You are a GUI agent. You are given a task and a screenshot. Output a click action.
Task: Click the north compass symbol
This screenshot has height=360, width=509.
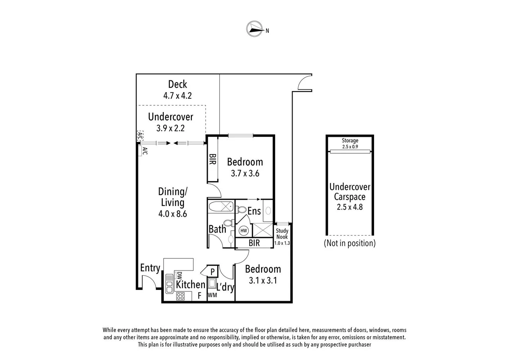[x=254, y=29]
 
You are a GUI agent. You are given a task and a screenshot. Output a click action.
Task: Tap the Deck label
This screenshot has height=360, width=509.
[x=178, y=84]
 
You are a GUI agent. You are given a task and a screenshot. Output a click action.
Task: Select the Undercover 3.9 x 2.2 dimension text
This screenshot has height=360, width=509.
[x=171, y=128]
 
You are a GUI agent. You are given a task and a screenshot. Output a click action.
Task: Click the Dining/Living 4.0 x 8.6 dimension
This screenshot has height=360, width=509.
[x=173, y=214]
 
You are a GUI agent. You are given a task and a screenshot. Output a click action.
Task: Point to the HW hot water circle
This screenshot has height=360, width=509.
[x=244, y=231]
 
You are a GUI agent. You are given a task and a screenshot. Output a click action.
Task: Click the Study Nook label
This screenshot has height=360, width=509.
[x=282, y=234]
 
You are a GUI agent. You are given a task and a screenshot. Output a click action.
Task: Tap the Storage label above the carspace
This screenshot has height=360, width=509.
[x=350, y=141]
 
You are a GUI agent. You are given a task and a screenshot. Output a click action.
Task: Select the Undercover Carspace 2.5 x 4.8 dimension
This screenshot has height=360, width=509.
[x=350, y=207]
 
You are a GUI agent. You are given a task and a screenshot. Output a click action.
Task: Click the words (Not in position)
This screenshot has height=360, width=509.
[x=350, y=243]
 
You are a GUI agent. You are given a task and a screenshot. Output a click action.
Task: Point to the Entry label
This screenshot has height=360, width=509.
[x=150, y=268]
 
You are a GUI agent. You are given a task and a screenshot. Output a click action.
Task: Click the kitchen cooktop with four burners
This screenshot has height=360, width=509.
[x=181, y=296]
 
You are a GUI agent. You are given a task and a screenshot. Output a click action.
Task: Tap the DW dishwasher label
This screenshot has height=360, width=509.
[x=179, y=276]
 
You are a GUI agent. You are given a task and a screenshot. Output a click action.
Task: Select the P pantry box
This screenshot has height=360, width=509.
[x=213, y=272]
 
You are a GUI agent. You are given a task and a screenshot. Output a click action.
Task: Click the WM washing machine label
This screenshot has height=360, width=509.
[x=212, y=295]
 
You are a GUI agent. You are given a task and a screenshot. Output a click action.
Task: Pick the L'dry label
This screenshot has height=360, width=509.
[x=225, y=287]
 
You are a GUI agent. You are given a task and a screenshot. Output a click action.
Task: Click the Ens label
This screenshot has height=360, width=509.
[x=254, y=211]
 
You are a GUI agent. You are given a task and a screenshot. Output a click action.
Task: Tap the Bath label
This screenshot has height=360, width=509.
[x=217, y=229]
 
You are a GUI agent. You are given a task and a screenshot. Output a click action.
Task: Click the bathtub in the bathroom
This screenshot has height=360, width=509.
[x=221, y=206]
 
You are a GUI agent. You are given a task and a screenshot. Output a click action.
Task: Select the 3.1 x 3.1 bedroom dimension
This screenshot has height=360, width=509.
[x=263, y=281]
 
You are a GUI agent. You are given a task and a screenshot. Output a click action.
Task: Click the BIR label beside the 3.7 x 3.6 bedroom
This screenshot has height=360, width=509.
[x=213, y=159]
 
